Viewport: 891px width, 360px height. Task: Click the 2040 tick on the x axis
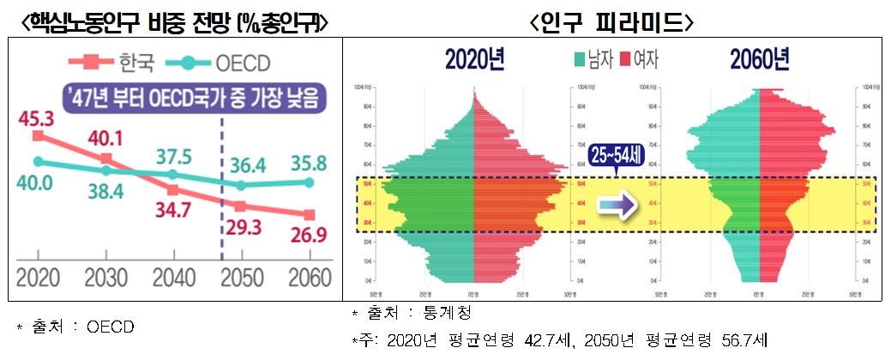pos(172,279)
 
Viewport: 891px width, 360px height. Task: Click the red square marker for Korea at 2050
pos(241,206)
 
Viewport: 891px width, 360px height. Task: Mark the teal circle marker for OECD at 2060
pos(310,182)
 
